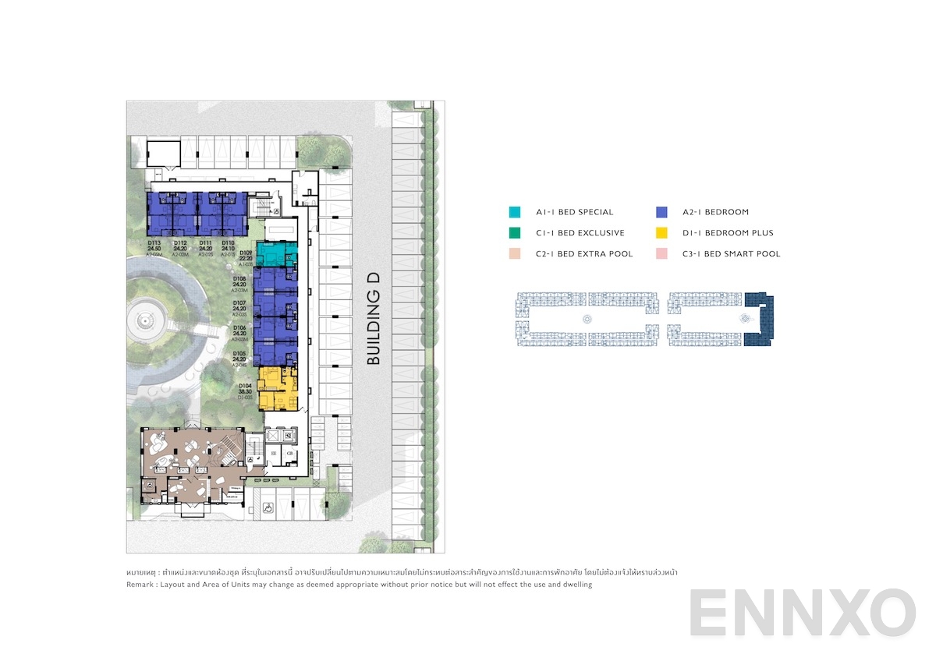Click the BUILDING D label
374,319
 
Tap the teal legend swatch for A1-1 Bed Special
514,212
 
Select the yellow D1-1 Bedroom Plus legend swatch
661,233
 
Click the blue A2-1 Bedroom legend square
661,212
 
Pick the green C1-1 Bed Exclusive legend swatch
514,233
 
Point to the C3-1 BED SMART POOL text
731,254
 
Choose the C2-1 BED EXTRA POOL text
584,254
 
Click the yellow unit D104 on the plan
278,388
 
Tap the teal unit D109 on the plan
276,254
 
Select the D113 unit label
154,242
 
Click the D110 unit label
228,242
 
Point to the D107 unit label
239,303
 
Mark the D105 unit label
239,354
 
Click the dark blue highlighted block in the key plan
757,320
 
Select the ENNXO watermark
802,613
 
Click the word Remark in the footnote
140,585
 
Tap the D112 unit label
180,242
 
